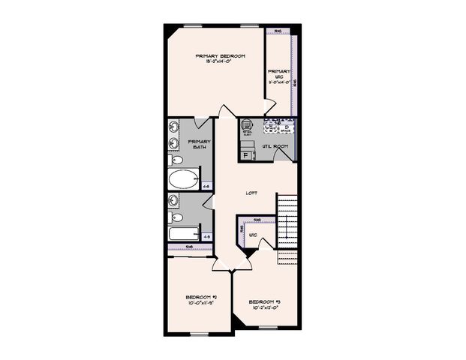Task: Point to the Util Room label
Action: tap(275, 145)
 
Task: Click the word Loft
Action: tap(252, 193)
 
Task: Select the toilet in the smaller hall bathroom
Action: tap(176, 218)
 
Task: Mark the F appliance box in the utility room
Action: tap(246, 155)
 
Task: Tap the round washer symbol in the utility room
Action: tap(248, 125)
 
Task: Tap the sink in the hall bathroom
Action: tap(174, 201)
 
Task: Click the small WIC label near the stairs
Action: tap(252, 235)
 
